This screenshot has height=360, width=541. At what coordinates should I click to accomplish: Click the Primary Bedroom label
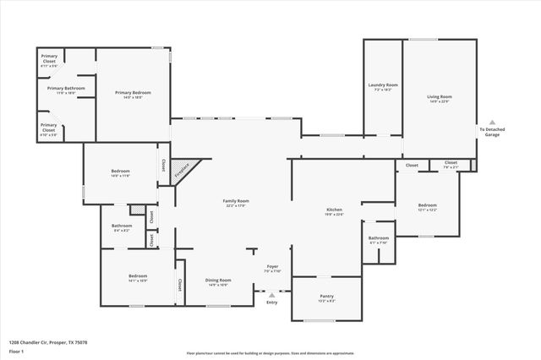pos(134,94)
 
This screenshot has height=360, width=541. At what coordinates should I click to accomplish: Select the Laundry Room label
pos(383,87)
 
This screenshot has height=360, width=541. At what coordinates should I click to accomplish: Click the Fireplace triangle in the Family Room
pos(181,170)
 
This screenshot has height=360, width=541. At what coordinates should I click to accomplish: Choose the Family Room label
pos(236,203)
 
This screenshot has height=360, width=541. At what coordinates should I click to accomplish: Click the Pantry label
pos(327,297)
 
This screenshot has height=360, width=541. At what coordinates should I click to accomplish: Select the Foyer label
pos(271,269)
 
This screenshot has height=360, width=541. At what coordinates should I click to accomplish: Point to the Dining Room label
pos(218,282)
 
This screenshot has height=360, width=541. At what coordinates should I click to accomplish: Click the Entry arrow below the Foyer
pos(271,295)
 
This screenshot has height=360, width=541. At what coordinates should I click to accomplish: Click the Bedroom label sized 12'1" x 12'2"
pos(428,207)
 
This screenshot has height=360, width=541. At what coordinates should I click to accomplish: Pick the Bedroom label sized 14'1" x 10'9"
pos(138,278)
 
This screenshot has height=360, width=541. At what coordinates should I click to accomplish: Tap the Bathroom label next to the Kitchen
pos(378,240)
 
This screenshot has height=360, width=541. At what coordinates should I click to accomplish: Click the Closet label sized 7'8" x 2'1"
pos(451,165)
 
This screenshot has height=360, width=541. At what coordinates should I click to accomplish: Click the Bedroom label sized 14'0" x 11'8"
pos(120,173)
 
